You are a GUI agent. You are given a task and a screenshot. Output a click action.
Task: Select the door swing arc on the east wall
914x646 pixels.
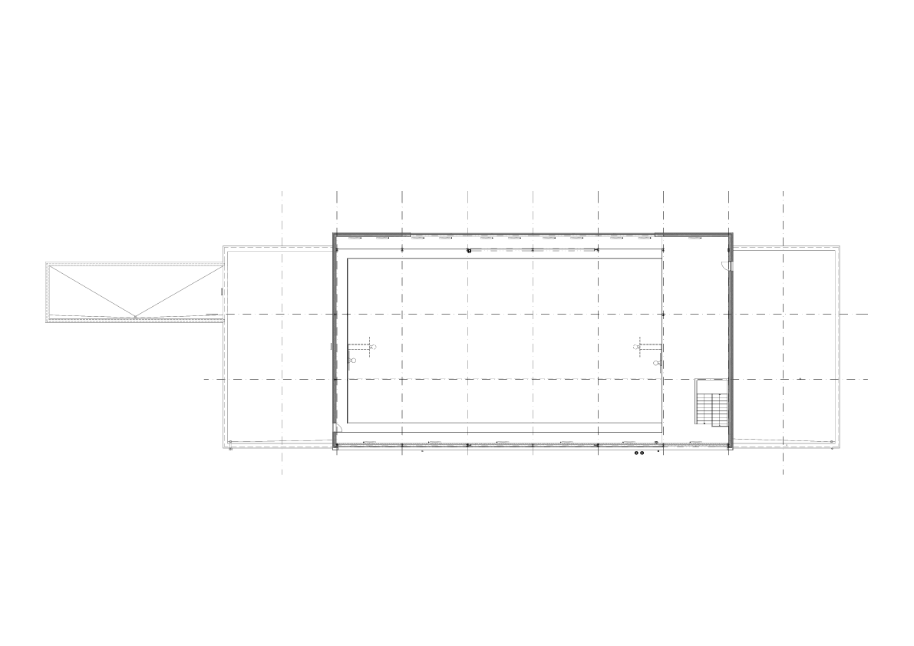(x=724, y=265)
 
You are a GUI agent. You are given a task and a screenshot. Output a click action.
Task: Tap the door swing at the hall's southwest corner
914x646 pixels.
(x=338, y=428)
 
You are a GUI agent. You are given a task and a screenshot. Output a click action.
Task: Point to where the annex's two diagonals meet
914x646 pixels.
(x=136, y=316)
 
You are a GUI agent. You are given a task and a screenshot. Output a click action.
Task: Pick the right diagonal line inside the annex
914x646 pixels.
(x=180, y=292)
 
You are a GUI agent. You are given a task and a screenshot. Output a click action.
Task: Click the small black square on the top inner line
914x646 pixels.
(x=468, y=250)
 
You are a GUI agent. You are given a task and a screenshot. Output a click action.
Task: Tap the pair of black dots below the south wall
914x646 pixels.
(x=639, y=453)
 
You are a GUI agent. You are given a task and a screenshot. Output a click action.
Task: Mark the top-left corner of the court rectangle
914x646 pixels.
(x=348, y=259)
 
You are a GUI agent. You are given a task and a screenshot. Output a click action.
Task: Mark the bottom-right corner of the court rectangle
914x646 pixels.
(x=662, y=422)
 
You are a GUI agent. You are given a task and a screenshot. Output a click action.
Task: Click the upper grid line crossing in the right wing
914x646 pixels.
(x=783, y=315)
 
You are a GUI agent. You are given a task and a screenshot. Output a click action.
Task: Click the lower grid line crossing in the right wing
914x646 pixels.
(x=783, y=379)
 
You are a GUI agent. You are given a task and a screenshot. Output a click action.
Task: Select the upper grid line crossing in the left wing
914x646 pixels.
(x=282, y=315)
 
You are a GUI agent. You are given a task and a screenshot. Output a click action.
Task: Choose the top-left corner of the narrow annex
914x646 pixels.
(x=47, y=263)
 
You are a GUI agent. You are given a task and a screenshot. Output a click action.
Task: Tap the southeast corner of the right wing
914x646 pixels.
(x=838, y=448)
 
